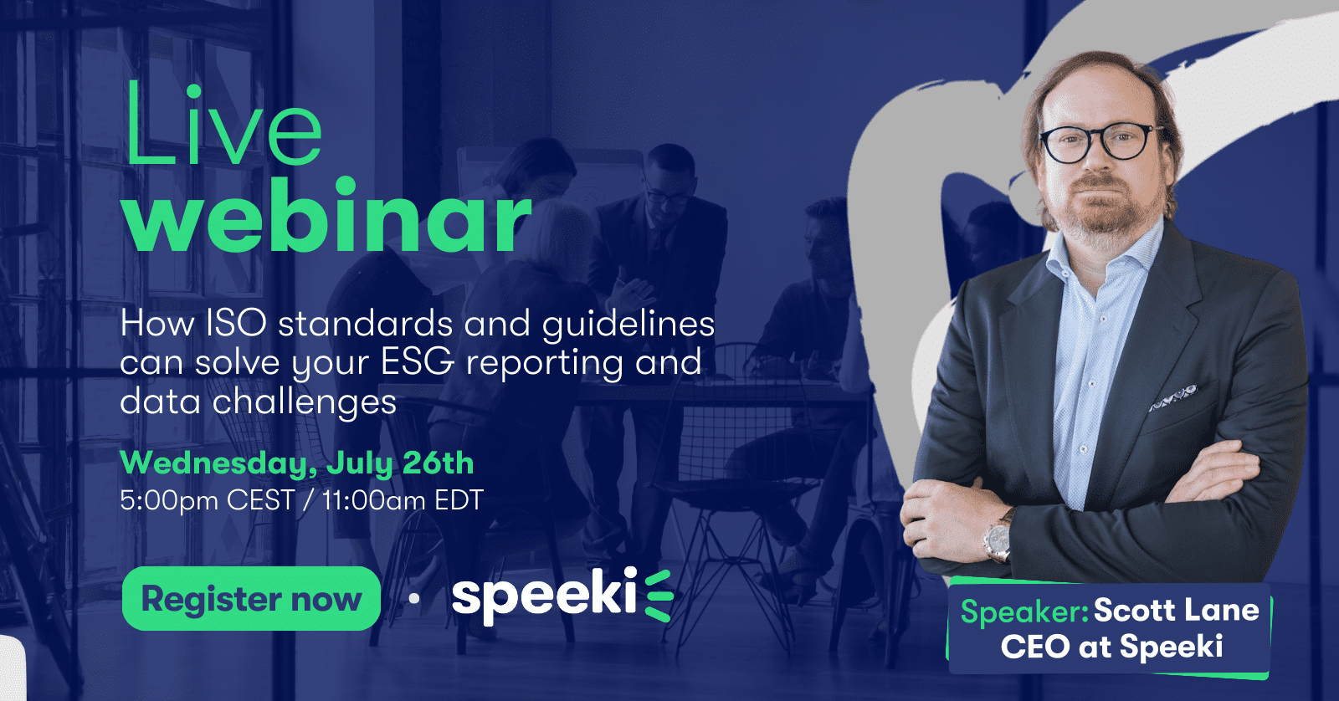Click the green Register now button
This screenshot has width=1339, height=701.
tap(251, 598)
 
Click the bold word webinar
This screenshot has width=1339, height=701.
tap(327, 217)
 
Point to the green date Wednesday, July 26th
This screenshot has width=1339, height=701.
tap(297, 463)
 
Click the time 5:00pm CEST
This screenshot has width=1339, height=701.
tap(208, 500)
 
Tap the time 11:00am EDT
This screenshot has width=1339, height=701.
tap(403, 500)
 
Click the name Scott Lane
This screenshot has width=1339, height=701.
tap(1176, 610)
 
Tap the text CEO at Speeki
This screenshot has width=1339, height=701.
tap(1112, 647)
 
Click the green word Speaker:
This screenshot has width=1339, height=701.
tap(1024, 611)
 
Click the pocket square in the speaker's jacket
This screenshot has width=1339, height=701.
tap(1172, 397)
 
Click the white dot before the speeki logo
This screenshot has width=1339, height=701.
tap(413, 598)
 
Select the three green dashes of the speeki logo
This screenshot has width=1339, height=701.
tap(659, 596)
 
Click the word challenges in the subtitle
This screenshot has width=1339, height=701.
tap(305, 402)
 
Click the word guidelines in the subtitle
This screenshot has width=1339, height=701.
tap(628, 325)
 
